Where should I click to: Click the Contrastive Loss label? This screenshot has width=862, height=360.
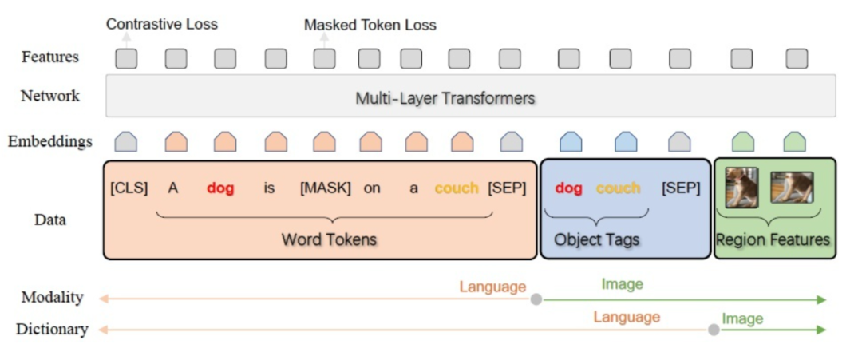coord(162,24)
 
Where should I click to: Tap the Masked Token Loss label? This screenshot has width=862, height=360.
coord(370,25)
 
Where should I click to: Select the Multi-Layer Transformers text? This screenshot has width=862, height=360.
coord(445,98)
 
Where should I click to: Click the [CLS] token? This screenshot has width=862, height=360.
coord(129,189)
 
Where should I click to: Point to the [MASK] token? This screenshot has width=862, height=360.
coord(326,189)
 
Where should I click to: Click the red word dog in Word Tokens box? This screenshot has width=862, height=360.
coord(220,189)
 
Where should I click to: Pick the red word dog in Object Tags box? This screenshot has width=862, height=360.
coord(569,188)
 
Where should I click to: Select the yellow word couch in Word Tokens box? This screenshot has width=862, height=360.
coord(457,189)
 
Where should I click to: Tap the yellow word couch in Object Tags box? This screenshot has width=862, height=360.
coord(619,188)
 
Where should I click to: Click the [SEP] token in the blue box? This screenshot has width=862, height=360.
coord(681,188)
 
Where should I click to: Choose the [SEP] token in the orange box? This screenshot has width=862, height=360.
coord(508,189)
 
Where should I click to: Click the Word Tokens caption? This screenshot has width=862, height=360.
coord(329,239)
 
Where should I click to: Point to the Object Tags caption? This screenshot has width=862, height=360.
coord(597,239)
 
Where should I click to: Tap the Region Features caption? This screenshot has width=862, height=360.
coord(773,239)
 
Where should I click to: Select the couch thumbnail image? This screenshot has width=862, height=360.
coord(792,188)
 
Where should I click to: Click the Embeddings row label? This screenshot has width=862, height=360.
coord(50,142)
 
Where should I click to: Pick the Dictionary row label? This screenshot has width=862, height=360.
coord(52,329)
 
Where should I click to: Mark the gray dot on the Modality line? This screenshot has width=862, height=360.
coord(536,299)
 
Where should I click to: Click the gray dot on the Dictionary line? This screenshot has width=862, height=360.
coord(714,329)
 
